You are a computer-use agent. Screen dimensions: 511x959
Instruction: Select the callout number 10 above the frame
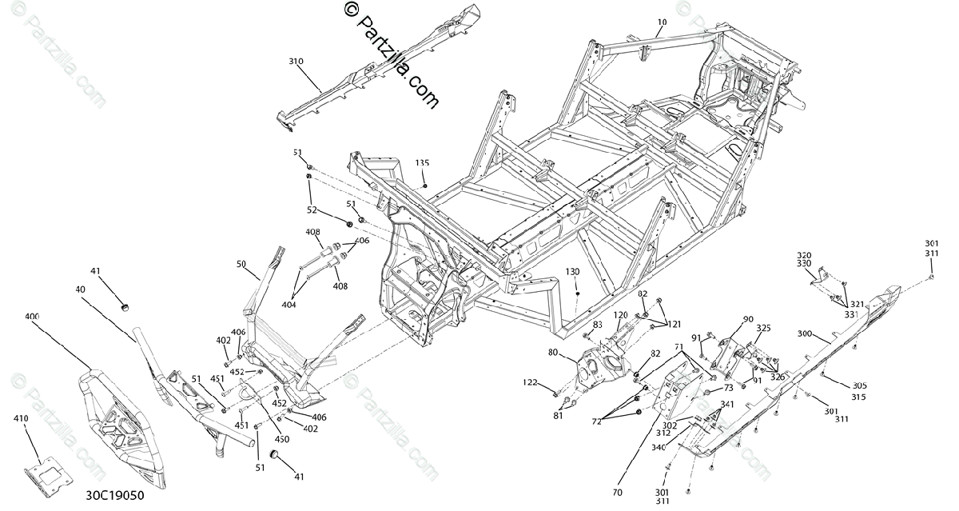click(662, 23)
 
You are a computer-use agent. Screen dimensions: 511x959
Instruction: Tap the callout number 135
click(422, 163)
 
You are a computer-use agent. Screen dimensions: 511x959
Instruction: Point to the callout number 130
click(573, 272)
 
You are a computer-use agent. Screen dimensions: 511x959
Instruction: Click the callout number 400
click(33, 317)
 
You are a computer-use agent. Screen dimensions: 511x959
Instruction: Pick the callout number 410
click(22, 418)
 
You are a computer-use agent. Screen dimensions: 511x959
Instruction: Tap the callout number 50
click(241, 264)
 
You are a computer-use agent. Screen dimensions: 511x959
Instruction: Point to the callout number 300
click(805, 333)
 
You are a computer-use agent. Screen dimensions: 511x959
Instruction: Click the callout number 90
click(748, 320)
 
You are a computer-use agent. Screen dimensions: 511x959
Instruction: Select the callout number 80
click(575, 353)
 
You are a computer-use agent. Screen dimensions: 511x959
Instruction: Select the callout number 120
click(620, 315)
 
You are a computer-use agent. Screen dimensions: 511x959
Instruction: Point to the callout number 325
click(764, 329)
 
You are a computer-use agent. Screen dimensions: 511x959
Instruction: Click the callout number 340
click(659, 448)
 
